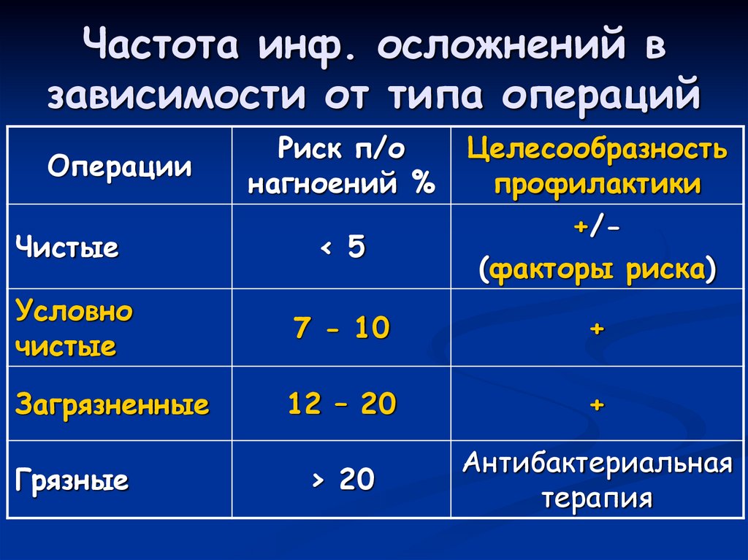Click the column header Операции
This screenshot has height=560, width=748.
pos(120,167)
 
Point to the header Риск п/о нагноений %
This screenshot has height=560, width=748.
pos(341,167)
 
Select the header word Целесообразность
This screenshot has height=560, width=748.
pos(597,150)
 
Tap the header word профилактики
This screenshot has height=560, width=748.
pos(597,183)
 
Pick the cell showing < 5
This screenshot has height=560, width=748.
pos(341,248)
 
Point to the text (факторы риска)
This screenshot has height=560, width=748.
pos(597,269)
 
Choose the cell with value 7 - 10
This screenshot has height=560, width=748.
pos(341,329)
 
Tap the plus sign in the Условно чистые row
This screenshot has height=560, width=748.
pos(597,329)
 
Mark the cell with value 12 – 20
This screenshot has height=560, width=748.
pos(341,404)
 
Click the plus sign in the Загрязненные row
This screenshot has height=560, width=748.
pos(597,404)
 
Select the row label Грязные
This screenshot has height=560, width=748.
pos(72,480)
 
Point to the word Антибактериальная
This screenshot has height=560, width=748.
pos(597,463)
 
